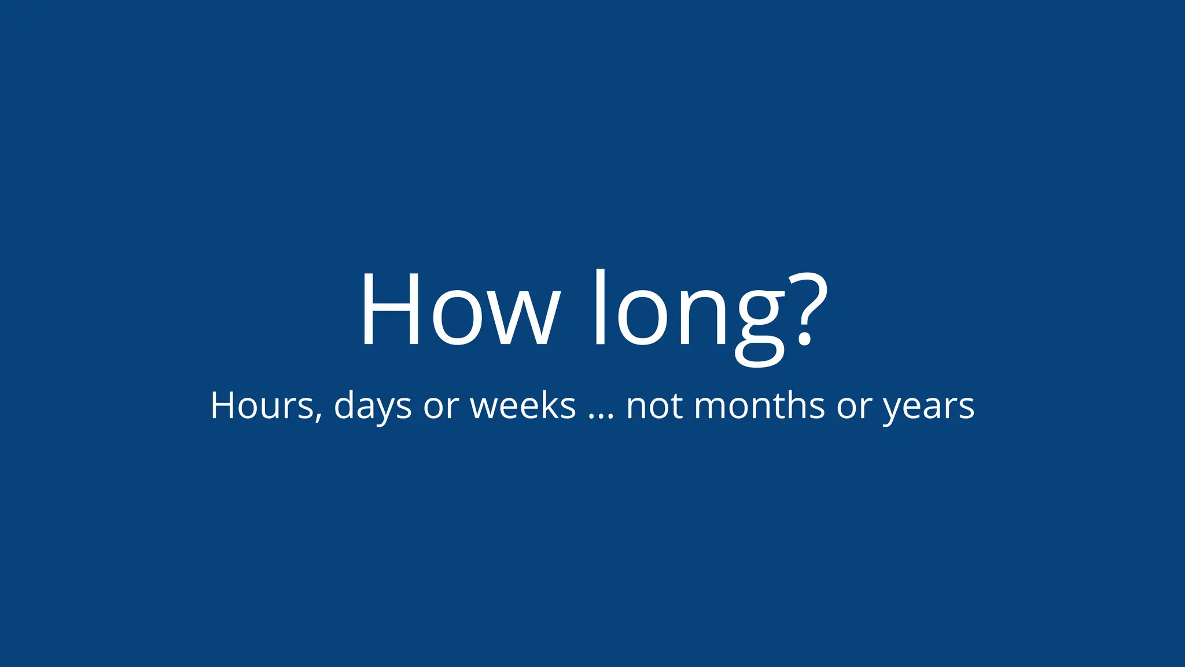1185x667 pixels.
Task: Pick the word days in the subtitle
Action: (x=373, y=406)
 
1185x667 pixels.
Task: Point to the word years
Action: (x=928, y=408)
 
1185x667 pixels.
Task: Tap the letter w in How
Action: (x=528, y=318)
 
